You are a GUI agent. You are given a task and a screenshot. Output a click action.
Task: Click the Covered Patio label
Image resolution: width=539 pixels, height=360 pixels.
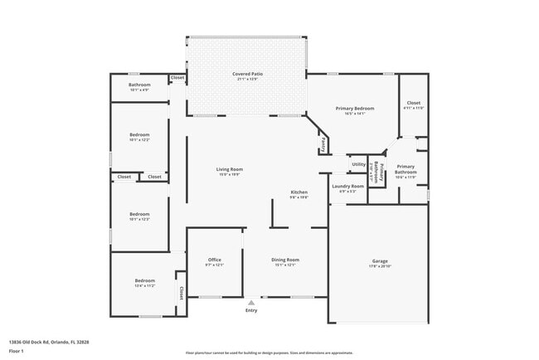(x=247, y=75)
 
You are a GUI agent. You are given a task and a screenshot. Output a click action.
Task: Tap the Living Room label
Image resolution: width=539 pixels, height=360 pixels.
(x=230, y=169)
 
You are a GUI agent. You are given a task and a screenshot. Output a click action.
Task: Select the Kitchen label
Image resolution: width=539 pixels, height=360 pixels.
(x=299, y=192)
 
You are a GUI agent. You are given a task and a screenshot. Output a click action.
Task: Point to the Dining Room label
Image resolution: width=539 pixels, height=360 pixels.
(x=285, y=260)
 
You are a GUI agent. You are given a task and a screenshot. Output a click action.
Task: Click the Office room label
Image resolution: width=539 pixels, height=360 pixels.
(x=213, y=260)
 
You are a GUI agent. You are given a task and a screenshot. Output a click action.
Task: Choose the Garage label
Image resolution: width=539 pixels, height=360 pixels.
(x=379, y=260)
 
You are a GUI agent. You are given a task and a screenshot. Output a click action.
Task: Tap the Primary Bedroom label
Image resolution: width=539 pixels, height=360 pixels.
(x=354, y=109)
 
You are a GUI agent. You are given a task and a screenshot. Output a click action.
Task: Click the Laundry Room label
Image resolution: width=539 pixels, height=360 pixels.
(x=347, y=186)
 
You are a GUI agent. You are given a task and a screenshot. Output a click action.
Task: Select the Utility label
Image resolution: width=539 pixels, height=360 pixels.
(x=358, y=164)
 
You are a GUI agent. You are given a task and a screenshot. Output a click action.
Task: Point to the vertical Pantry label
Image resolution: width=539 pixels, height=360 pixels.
(x=323, y=144)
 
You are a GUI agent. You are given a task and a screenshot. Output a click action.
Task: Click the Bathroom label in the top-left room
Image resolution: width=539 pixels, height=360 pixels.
(x=139, y=85)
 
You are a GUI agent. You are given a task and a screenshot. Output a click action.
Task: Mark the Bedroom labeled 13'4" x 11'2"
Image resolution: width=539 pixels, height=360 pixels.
(x=144, y=281)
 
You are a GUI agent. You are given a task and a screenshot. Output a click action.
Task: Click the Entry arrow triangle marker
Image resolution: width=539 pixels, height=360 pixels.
(x=251, y=302)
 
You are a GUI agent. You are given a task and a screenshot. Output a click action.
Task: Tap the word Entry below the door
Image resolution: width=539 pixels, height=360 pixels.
(x=251, y=311)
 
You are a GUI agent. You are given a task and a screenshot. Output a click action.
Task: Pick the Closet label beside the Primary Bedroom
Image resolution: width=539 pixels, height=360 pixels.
(x=413, y=103)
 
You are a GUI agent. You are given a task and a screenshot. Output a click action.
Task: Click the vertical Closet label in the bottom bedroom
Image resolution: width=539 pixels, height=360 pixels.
(x=181, y=293)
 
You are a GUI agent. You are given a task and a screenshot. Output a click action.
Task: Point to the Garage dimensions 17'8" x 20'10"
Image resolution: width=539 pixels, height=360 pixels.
(x=379, y=265)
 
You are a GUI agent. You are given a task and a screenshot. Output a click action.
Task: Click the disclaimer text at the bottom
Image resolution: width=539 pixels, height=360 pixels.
(x=269, y=352)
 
